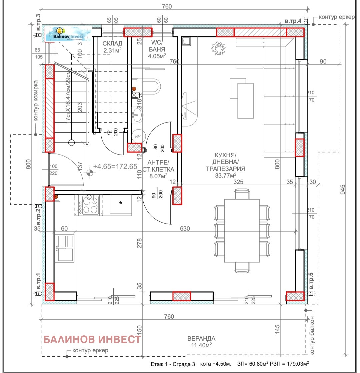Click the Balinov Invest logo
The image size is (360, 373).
coord(69,34)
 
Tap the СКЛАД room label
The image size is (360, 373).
coord(112,43)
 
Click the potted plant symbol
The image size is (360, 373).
coord(217,48)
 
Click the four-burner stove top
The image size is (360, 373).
coord(88,205)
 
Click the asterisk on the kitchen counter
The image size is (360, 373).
coord(121,203)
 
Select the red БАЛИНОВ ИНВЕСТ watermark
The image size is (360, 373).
coord(92,339)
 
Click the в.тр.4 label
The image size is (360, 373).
coord(293,21)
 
